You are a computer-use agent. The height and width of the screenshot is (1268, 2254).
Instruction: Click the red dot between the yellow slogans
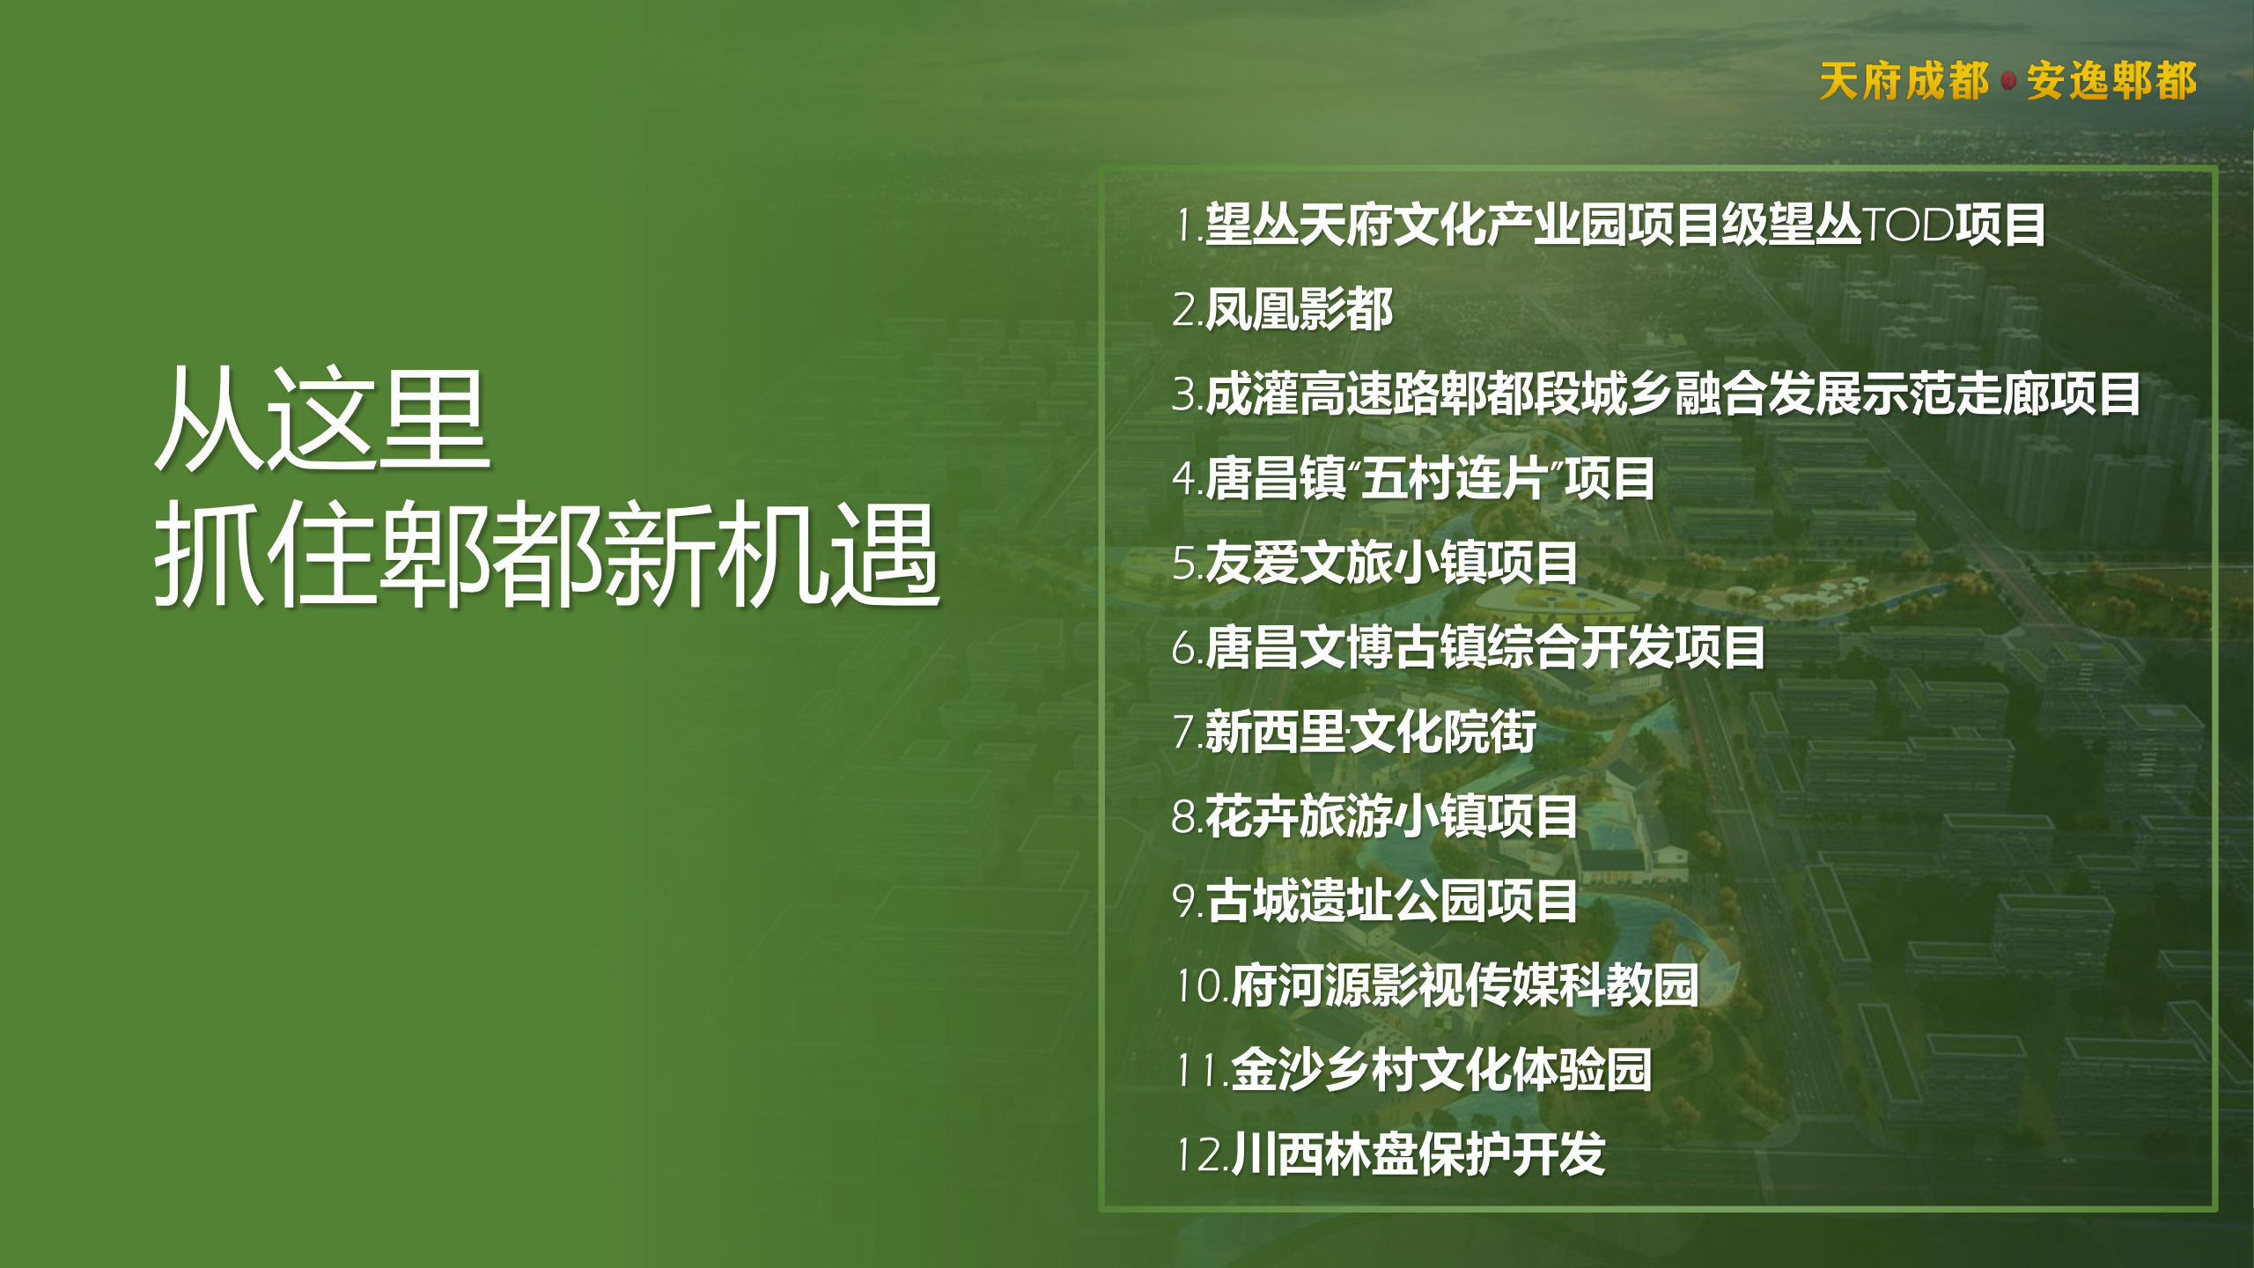point(2008,81)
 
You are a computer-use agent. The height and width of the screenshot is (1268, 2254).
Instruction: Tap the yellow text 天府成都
point(1904,81)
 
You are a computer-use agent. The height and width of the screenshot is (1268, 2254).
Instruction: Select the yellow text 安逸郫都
point(2111,81)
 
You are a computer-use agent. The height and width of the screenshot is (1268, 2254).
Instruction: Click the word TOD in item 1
point(1908,225)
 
